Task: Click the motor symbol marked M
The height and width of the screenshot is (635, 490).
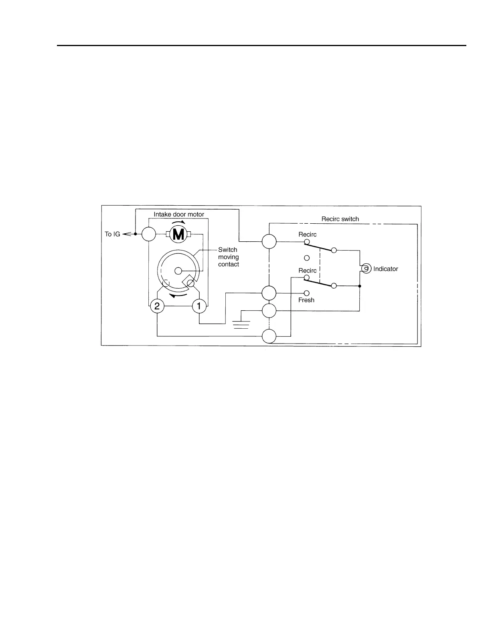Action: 178,234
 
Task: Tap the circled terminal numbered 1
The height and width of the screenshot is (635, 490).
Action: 199,307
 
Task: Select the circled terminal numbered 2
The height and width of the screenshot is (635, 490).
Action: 157,307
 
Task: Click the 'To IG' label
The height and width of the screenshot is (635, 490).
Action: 112,234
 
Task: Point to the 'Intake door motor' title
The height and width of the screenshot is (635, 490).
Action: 179,214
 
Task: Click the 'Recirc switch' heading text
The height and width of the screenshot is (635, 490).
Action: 340,219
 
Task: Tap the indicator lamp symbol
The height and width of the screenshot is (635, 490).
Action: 366,269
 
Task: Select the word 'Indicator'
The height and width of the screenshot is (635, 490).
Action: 385,269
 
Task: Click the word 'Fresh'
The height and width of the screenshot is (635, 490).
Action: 306,300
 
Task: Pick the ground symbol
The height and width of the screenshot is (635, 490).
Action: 241,324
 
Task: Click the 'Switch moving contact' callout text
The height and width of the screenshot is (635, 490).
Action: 229,257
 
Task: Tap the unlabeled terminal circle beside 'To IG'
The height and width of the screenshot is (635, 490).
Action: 149,234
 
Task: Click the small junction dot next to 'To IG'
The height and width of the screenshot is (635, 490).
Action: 136,234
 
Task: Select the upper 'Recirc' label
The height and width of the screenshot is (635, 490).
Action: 307,235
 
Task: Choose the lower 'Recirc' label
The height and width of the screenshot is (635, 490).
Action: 307,271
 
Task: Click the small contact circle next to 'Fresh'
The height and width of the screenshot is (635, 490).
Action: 307,293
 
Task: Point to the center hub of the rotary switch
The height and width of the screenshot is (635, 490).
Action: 178,271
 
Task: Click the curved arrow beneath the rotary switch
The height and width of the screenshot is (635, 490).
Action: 178,296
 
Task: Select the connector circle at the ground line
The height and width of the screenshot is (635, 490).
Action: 269,311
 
